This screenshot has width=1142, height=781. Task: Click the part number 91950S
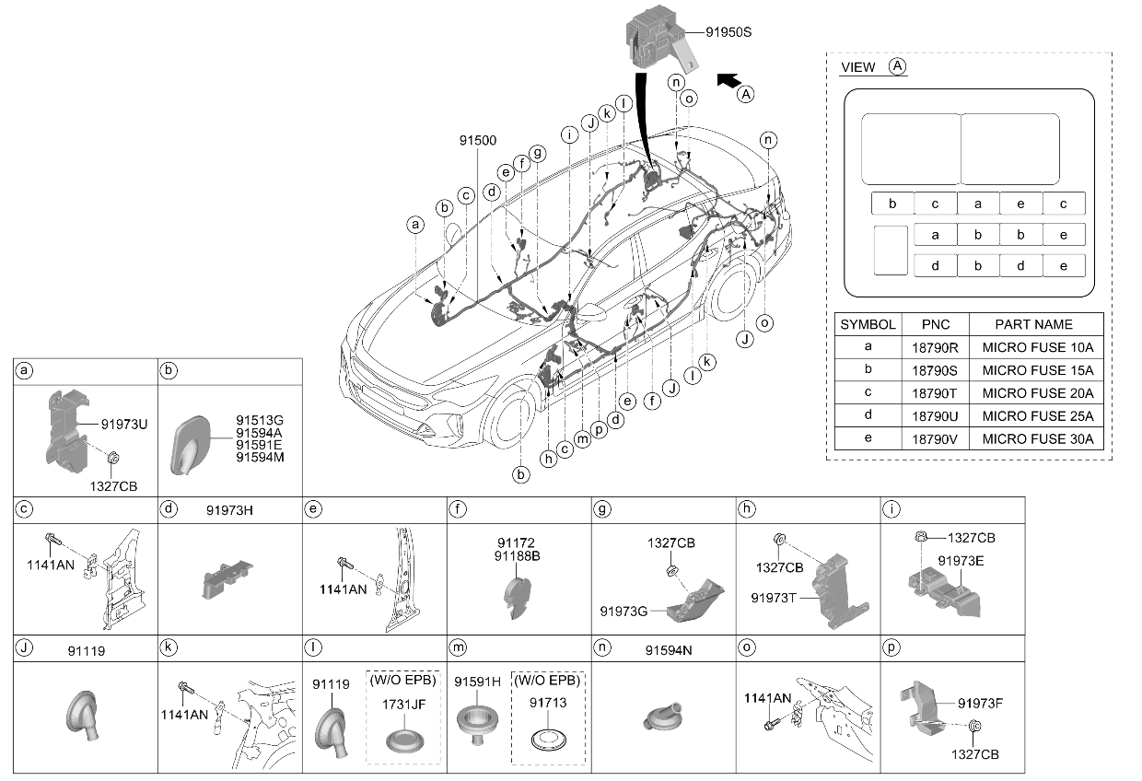click(x=728, y=32)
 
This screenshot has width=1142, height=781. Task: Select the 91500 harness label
click(x=478, y=140)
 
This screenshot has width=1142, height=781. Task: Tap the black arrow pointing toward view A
click(x=729, y=80)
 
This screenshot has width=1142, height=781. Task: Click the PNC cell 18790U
click(x=935, y=416)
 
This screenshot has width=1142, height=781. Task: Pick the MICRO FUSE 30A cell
click(x=1038, y=439)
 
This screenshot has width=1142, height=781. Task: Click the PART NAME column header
click(x=1033, y=324)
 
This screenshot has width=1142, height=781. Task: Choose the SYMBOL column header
click(x=868, y=324)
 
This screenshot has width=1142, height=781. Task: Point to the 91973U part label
click(x=124, y=425)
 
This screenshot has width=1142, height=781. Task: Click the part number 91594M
click(x=260, y=458)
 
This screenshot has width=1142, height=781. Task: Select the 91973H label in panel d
click(x=229, y=510)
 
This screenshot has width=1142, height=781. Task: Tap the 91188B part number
click(x=517, y=555)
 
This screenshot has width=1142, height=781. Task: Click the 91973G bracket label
click(x=623, y=611)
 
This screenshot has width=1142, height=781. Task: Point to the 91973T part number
click(x=774, y=598)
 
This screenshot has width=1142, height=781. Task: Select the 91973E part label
click(x=961, y=561)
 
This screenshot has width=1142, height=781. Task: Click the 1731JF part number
click(x=403, y=705)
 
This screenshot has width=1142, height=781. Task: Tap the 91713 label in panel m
click(x=548, y=703)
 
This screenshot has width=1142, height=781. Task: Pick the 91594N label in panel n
click(x=669, y=650)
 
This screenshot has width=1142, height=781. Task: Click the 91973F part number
click(x=980, y=704)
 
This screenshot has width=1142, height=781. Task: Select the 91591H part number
click(x=477, y=682)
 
